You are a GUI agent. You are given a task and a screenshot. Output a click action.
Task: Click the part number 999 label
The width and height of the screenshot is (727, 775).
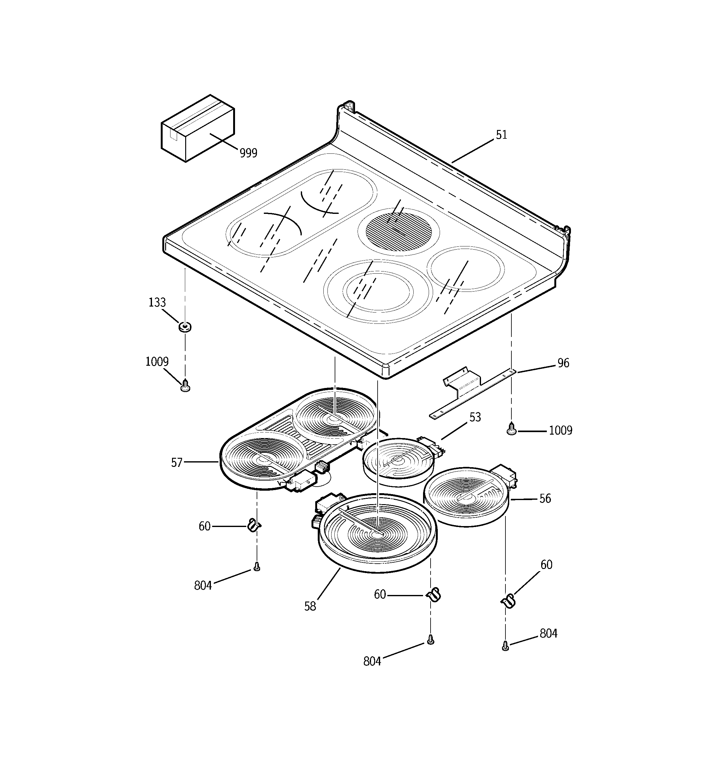pos(248,153)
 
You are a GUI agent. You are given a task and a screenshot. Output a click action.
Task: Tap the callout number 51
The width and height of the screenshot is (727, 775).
pos(501,135)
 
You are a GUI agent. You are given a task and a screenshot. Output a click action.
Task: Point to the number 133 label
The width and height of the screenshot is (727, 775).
pos(157,302)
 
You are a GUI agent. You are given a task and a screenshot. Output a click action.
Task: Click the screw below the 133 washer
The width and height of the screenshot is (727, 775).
pos(186,386)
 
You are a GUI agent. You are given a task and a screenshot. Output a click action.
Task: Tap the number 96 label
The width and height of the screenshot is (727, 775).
pos(563,363)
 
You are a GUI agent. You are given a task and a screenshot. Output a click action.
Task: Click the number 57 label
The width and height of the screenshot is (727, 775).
pos(176,462)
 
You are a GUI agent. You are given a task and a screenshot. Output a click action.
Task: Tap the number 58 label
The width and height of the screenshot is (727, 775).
pos(310,606)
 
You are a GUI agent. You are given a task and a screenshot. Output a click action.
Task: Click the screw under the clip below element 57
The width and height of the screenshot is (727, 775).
pos(257,567)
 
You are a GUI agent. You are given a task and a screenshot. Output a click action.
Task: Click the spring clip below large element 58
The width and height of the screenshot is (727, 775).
pos(433,595)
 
